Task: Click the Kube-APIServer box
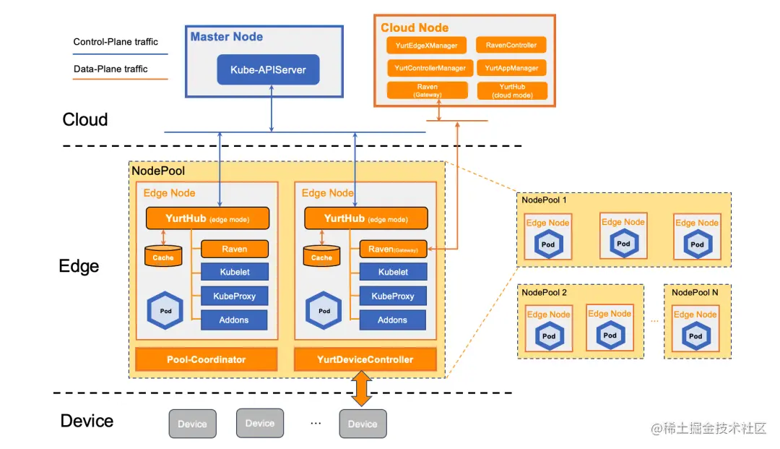point(269,70)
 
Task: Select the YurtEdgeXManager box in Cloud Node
point(427,46)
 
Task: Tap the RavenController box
point(511,46)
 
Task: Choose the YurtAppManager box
point(511,68)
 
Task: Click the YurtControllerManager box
point(430,68)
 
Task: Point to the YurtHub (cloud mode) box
point(512,90)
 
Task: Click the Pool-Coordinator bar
point(207,359)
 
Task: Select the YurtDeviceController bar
point(365,359)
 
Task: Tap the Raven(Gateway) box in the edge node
point(393,249)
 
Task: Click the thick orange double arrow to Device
point(361,390)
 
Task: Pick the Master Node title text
point(227,36)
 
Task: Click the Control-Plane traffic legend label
point(116,42)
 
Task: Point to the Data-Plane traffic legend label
point(110,69)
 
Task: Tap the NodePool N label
point(695,292)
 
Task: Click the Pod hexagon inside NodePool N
point(695,336)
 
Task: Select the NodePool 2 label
point(544,293)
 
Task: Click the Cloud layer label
point(85,119)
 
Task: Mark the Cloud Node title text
point(415,27)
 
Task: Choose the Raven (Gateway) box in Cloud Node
point(428,90)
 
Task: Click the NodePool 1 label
point(544,200)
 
